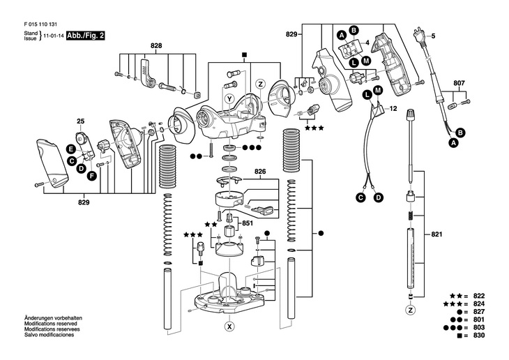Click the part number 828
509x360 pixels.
(156, 46)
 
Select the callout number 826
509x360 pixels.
(260, 171)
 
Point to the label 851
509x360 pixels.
(248, 223)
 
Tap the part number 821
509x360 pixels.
(437, 234)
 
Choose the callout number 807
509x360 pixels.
(459, 83)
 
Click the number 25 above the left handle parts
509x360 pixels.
(80, 121)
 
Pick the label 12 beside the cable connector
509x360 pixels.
(393, 109)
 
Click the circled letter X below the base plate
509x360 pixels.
(230, 327)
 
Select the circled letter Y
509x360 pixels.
(230, 99)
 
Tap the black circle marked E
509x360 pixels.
(70, 149)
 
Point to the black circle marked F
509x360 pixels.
(92, 176)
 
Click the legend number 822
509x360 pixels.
(479, 296)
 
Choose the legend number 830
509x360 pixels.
(479, 336)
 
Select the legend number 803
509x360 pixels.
(479, 327)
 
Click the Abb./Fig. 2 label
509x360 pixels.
(85, 36)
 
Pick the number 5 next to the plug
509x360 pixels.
(433, 36)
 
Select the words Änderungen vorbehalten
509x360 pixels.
(53, 318)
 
